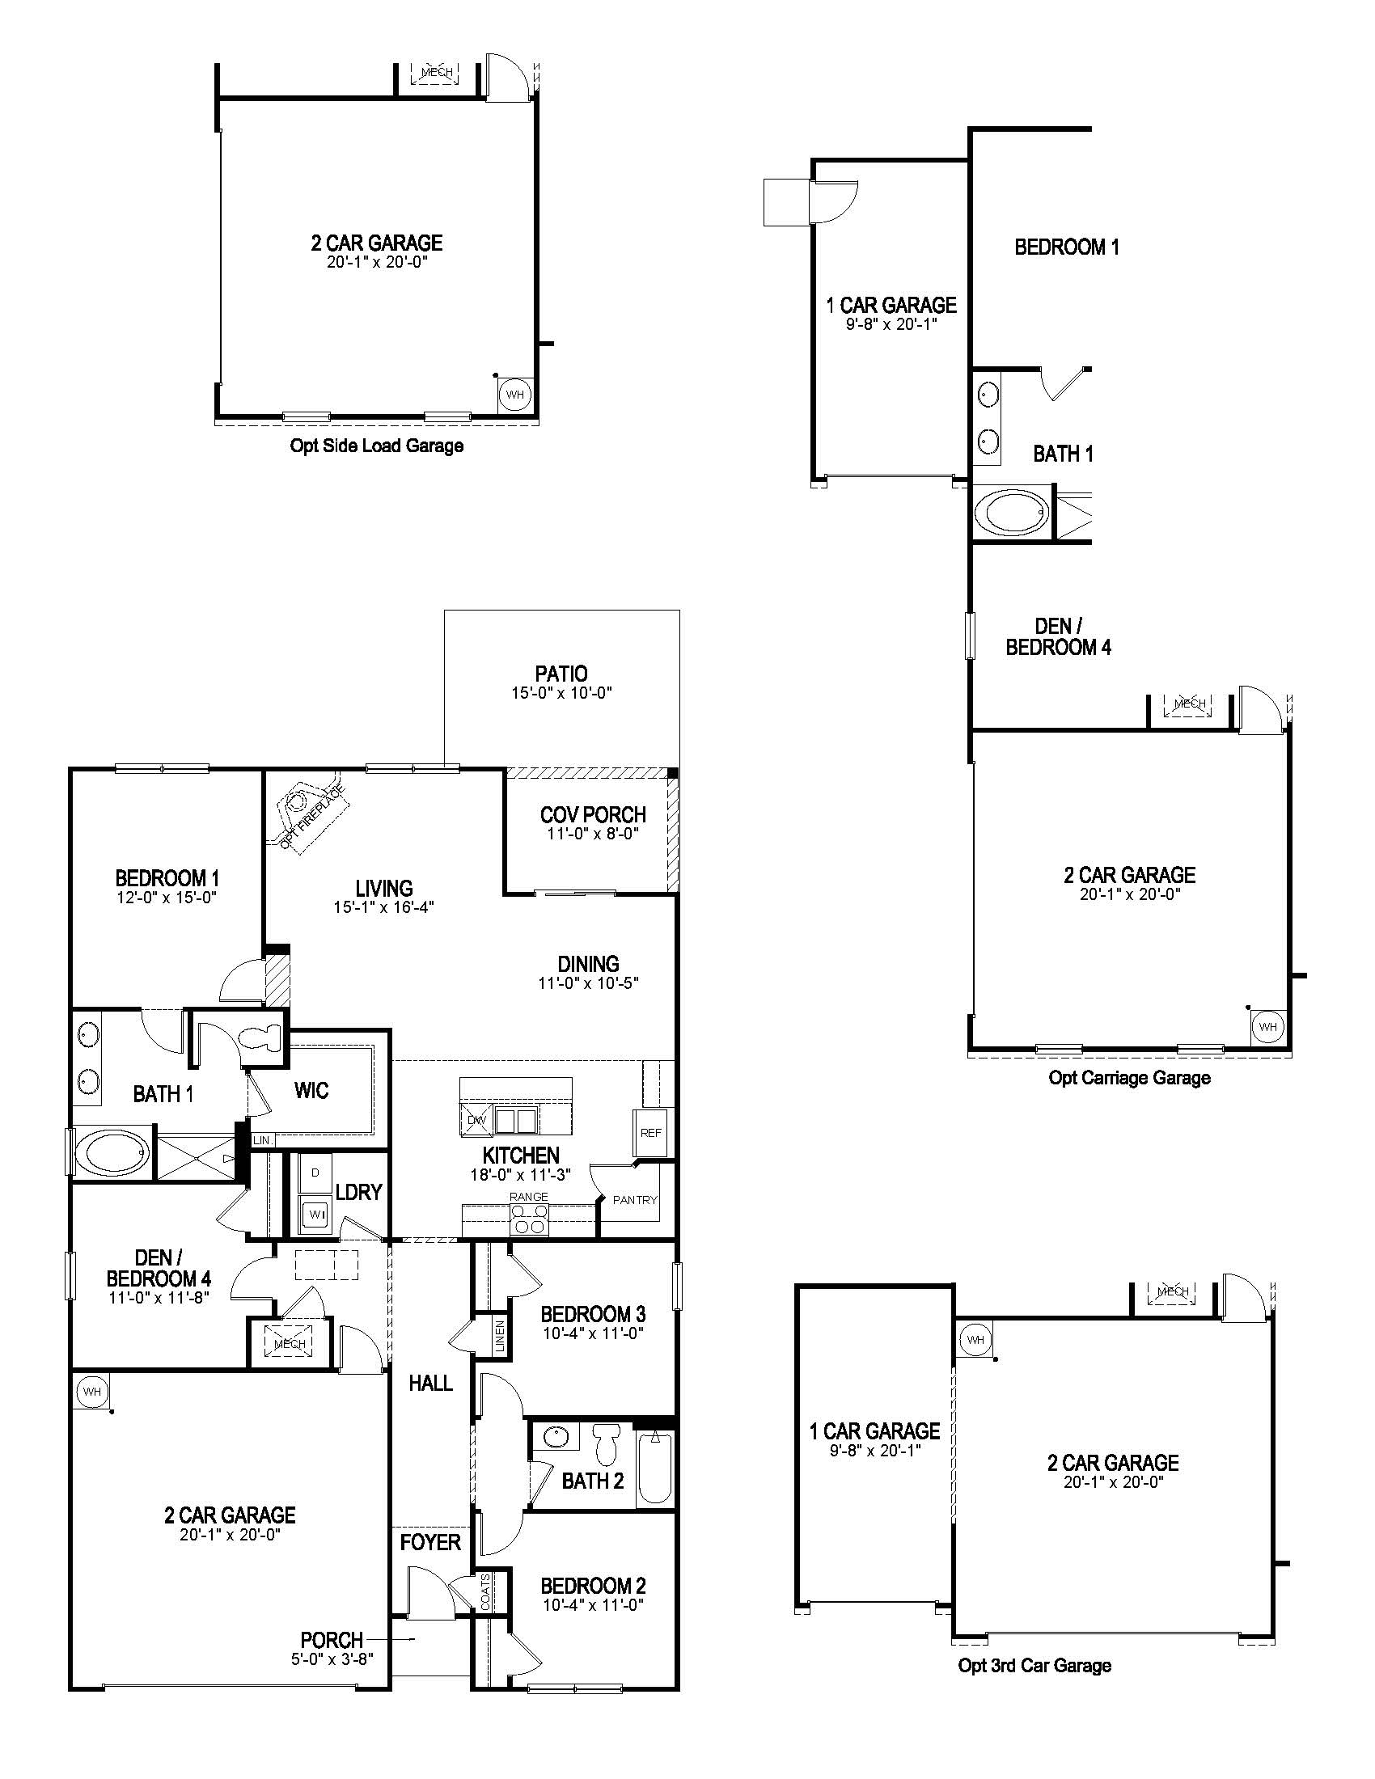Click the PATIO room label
561,674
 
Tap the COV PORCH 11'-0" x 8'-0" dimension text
592,835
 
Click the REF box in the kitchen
651,1132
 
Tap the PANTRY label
635,1200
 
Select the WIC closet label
311,1090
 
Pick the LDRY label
358,1192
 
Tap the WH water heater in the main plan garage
92,1392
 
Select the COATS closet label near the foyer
485,1591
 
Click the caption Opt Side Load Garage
376,446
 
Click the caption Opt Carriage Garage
1129,1078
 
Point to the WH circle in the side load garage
514,395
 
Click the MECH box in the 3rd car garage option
1172,1292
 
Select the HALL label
430,1382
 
